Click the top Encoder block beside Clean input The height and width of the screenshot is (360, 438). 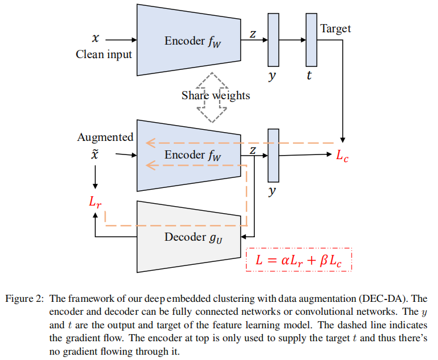coord(188,39)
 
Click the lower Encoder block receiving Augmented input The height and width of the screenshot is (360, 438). coord(188,155)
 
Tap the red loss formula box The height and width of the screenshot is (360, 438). coord(299,261)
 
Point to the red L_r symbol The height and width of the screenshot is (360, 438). coord(96,202)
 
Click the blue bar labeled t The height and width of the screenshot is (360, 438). coord(311,39)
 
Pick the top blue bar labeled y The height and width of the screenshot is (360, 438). coord(273,39)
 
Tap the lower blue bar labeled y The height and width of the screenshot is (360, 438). coord(273,155)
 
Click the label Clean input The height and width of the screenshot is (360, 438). coord(104,55)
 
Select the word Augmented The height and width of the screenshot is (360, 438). coord(105,137)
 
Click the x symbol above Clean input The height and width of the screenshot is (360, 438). coord(96,39)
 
